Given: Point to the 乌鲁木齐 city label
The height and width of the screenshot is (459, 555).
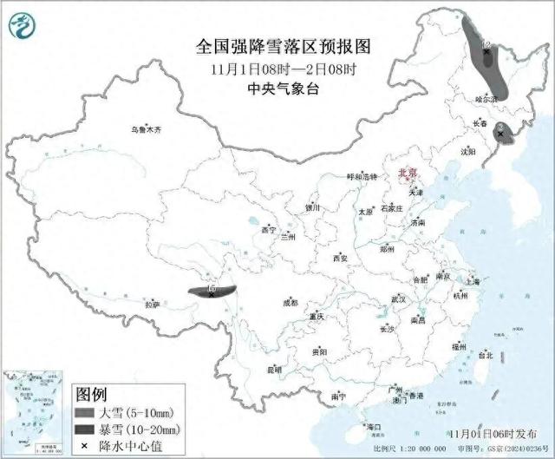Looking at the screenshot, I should [x=147, y=129].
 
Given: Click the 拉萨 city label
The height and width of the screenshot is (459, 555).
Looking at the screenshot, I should [x=153, y=305].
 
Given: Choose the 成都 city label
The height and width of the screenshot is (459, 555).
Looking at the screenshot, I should [x=289, y=303].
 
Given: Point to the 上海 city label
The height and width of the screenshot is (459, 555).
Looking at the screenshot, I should [x=473, y=281].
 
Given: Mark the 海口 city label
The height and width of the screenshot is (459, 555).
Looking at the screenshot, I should [x=374, y=427].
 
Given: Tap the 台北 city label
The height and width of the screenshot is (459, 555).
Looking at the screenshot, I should [x=486, y=355].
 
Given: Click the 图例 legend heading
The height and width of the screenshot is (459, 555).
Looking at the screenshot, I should [x=91, y=395].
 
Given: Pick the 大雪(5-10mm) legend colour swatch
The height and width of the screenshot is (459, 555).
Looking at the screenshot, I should [x=86, y=412].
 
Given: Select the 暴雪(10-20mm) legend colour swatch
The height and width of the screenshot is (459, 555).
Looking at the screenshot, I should [x=86, y=429].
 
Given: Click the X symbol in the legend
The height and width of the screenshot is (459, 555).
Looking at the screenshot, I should [x=86, y=445].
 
